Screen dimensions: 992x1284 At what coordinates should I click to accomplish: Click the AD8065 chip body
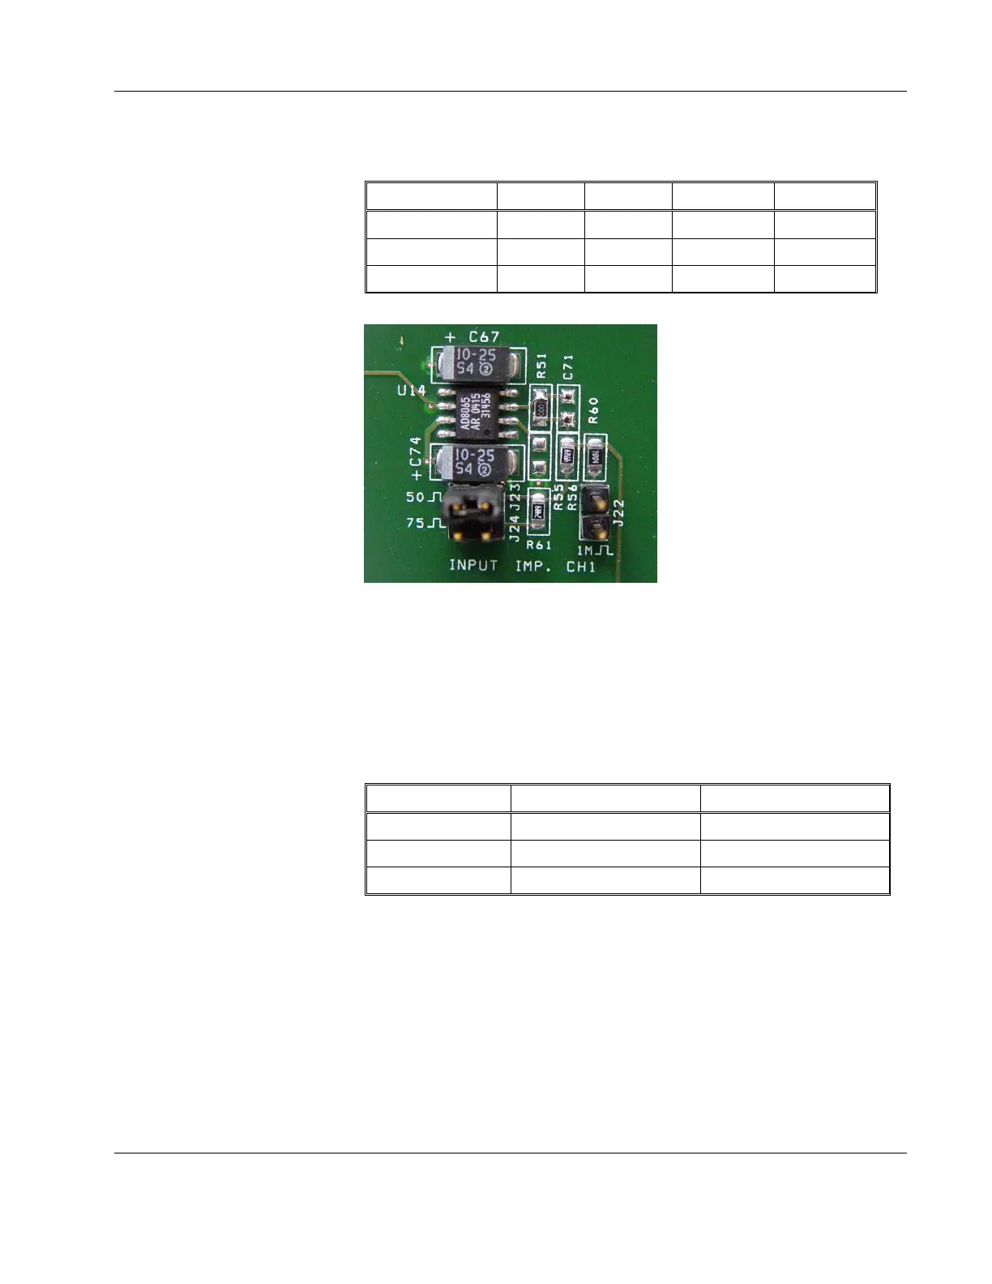(x=476, y=411)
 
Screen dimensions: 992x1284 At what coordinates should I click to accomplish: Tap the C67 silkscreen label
(x=484, y=336)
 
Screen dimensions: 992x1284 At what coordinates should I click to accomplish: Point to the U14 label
(x=411, y=391)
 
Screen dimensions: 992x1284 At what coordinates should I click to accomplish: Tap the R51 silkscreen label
(x=541, y=366)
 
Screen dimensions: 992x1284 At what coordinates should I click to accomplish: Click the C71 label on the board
(x=567, y=366)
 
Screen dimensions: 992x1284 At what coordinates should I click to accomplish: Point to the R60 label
(x=593, y=410)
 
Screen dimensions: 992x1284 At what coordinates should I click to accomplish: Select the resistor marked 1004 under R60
(x=596, y=456)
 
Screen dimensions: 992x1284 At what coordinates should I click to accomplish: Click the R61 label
(x=538, y=546)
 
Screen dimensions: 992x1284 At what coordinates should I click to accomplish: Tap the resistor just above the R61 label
(x=537, y=511)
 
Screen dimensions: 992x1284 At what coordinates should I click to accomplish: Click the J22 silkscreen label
(x=618, y=512)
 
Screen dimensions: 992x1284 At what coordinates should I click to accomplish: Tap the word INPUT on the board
(x=473, y=565)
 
